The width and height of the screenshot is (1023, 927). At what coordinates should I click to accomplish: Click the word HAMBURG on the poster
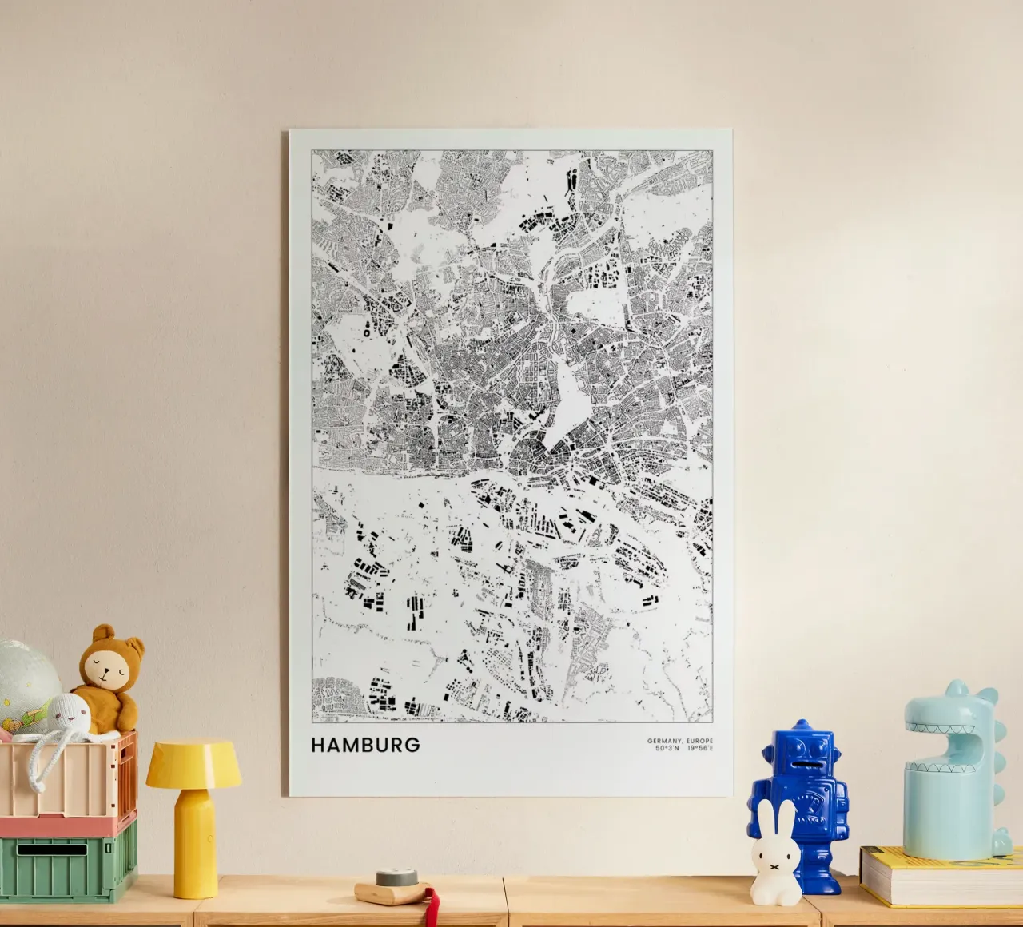365,745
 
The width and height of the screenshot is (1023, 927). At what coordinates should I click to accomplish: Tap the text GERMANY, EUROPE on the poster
680,741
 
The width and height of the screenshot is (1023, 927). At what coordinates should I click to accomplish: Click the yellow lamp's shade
193,762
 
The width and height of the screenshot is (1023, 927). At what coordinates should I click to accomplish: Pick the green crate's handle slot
52,849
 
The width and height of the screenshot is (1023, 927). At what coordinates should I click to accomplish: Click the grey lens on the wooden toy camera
389,877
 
